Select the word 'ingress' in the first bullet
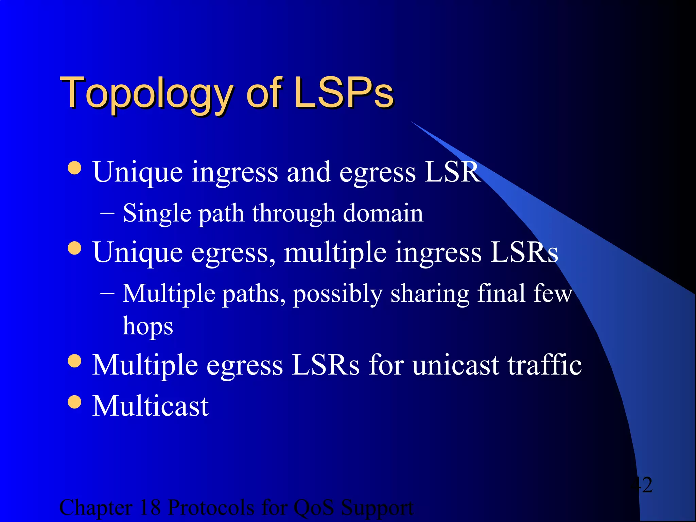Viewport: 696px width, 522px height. [x=234, y=173]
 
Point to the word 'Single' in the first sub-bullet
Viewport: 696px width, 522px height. [x=157, y=213]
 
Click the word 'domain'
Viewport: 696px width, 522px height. [x=383, y=213]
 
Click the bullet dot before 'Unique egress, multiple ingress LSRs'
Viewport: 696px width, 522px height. [x=74, y=248]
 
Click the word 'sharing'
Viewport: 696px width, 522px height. [x=430, y=294]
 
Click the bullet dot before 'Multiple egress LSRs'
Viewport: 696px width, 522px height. [x=74, y=361]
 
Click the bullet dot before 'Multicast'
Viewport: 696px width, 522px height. [x=74, y=402]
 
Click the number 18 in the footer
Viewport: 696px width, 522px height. [x=150, y=508]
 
